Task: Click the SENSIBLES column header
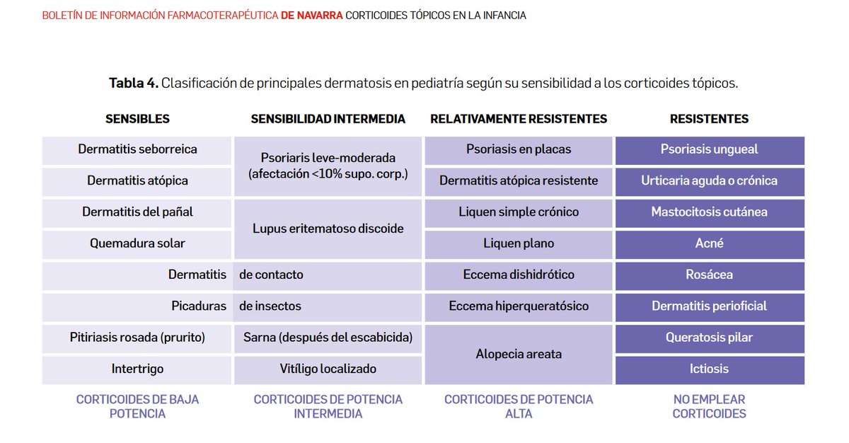137,119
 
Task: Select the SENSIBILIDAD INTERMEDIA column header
328,119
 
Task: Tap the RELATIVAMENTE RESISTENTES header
519,119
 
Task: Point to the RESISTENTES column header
709,119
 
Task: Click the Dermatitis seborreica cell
137,149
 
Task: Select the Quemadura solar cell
137,243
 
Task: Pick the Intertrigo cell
137,369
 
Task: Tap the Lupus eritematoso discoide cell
328,229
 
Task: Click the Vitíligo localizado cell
328,369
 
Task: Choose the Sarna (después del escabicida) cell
328,338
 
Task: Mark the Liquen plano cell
519,243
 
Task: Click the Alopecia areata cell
519,354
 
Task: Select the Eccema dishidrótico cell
519,275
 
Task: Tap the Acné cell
709,243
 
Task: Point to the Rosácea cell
709,275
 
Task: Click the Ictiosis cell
709,369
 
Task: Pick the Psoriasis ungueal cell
709,149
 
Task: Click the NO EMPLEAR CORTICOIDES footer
709,406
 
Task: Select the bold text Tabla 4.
133,83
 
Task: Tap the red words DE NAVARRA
311,15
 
